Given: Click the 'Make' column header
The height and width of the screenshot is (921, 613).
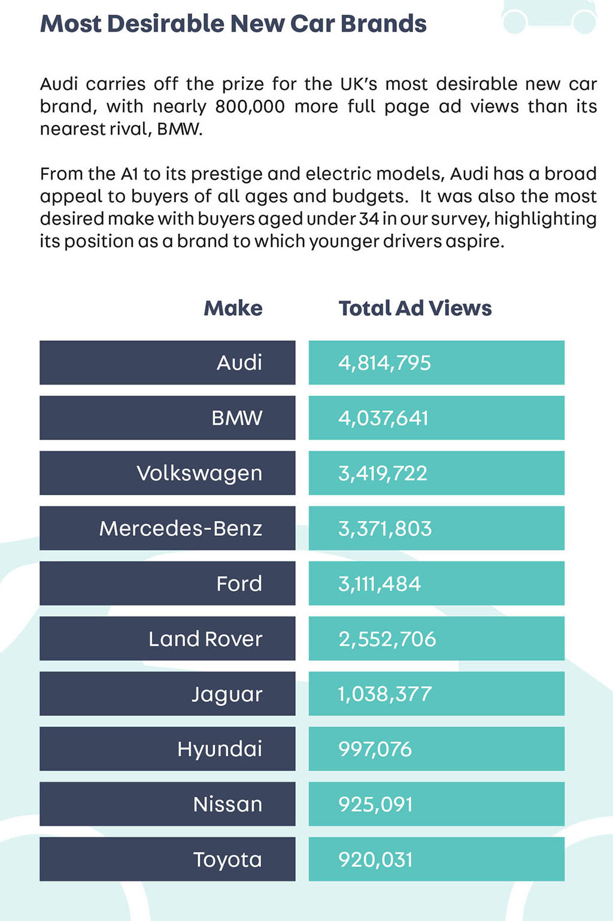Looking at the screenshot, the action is click(233, 308).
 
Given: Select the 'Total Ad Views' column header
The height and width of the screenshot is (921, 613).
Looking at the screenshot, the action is click(415, 308).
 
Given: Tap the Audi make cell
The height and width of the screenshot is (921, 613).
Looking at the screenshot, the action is click(167, 362).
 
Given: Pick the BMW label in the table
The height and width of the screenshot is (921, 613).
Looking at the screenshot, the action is click(236, 418).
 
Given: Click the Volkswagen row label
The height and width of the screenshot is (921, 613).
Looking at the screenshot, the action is click(199, 474).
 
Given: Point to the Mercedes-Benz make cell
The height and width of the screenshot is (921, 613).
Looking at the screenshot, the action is click(167, 528).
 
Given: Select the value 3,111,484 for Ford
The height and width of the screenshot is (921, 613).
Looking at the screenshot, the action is click(379, 584).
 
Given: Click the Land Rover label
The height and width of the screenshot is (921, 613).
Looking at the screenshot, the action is click(205, 639).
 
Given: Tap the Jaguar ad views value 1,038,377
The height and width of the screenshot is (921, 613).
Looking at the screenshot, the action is click(384, 694).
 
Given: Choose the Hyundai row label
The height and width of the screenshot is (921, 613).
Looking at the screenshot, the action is click(220, 749).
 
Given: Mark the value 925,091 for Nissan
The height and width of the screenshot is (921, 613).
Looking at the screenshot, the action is click(375, 804).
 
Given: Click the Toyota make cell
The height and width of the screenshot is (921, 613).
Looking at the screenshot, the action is click(167, 859).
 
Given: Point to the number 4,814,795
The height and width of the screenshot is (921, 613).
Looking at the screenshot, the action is click(384, 363).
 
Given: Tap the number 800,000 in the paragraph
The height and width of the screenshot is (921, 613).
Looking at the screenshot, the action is click(250, 107).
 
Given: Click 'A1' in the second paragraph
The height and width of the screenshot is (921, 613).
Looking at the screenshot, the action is click(129, 174).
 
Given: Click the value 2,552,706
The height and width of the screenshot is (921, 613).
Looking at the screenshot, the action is click(387, 639).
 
